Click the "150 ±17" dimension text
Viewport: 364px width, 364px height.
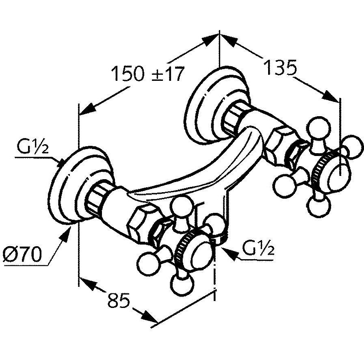click(148, 74)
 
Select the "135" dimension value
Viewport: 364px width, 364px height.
click(281, 67)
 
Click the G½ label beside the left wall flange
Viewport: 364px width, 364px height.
click(33, 146)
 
